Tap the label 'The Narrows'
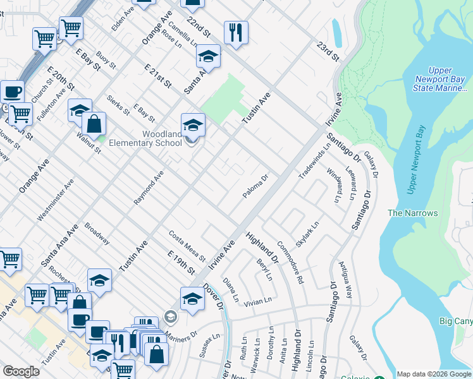click(x=412, y=213)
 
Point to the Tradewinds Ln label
click(x=315, y=160)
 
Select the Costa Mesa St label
click(x=187, y=246)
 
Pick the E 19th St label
click(x=181, y=262)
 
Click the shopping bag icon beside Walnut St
click(x=94, y=125)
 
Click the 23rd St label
click(x=328, y=52)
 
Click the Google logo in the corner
click(x=21, y=371)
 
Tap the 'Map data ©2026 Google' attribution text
click(x=434, y=374)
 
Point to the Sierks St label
click(x=118, y=105)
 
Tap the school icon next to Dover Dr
click(x=192, y=299)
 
